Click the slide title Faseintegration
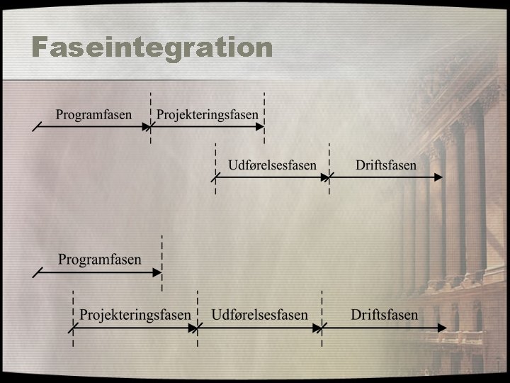pos(152,48)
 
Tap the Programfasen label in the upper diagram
pos(93,114)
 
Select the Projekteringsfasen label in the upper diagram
pos(208,114)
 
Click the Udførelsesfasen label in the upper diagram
pos(272,165)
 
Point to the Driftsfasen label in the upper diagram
pos(386,165)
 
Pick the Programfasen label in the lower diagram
pos(99,260)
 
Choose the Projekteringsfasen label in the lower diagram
pos(135,314)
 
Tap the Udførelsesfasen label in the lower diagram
pos(259,314)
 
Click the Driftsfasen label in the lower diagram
pos(385,314)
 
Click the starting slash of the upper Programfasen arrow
pos(37,128)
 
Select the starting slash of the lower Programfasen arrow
pos(38,271)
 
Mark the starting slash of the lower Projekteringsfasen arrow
pos(73,328)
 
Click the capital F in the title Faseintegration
pos(42,48)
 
